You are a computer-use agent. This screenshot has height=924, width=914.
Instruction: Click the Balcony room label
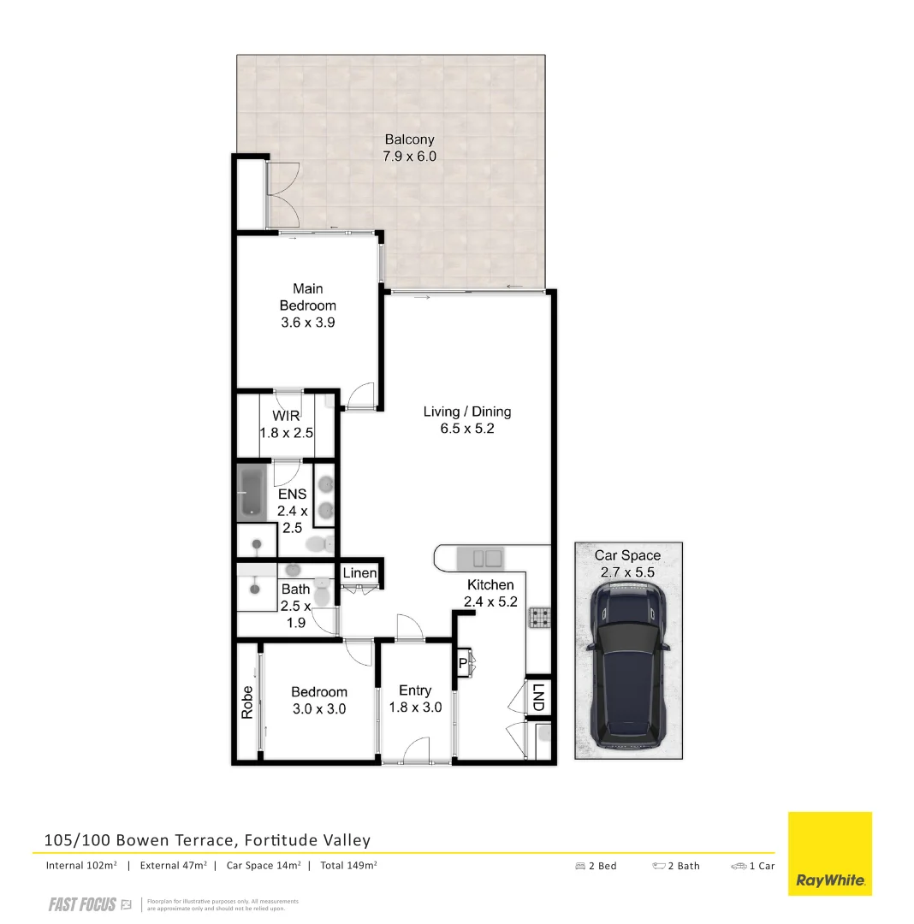pyautogui.click(x=409, y=139)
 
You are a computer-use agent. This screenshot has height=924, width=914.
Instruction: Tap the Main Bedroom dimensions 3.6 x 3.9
pyautogui.click(x=308, y=323)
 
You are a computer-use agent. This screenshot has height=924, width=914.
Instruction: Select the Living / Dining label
pyautogui.click(x=467, y=412)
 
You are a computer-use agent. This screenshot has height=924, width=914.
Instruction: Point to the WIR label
pyautogui.click(x=287, y=416)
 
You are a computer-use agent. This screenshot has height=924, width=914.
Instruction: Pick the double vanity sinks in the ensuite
pyautogui.click(x=326, y=499)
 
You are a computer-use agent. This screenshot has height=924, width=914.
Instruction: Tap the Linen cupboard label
pyautogui.click(x=360, y=572)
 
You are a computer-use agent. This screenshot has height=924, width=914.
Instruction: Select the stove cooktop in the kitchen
pyautogui.click(x=540, y=617)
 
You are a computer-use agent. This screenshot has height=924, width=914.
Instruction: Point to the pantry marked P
pyautogui.click(x=463, y=663)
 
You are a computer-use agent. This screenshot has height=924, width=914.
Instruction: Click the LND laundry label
pyautogui.click(x=537, y=696)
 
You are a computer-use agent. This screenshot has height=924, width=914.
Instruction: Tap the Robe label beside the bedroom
pyautogui.click(x=247, y=702)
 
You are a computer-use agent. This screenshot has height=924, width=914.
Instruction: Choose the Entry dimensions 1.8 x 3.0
pyautogui.click(x=415, y=708)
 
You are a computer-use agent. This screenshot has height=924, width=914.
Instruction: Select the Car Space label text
pyautogui.click(x=627, y=555)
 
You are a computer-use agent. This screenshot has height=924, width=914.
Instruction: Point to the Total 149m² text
pyautogui.click(x=348, y=865)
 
